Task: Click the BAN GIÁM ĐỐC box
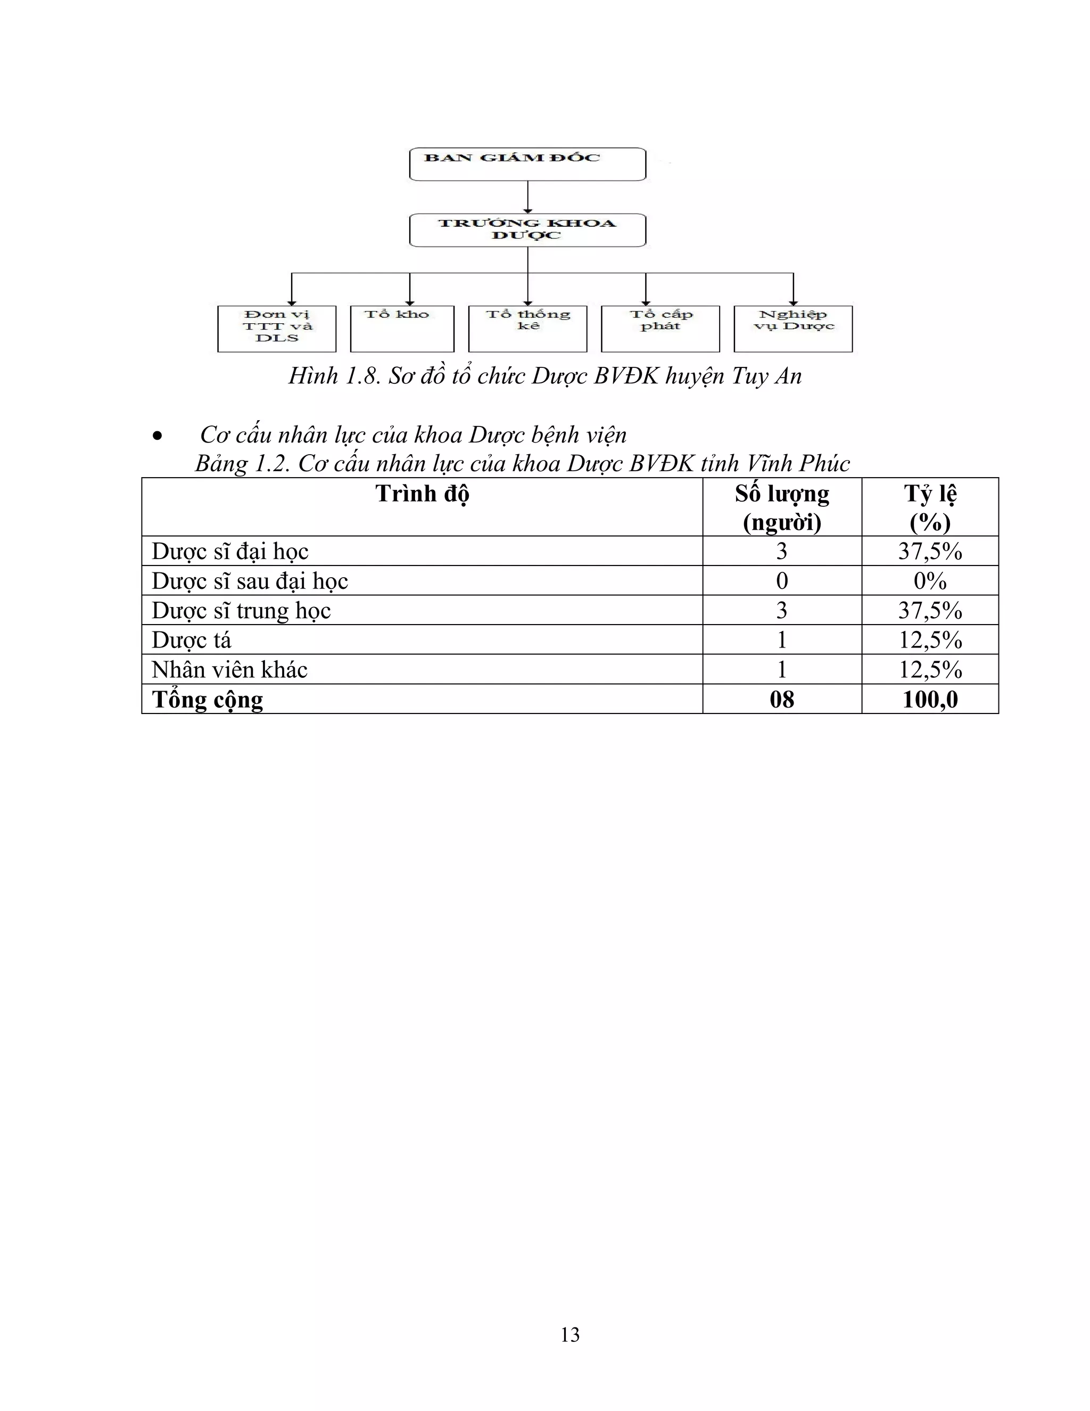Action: pos(527,164)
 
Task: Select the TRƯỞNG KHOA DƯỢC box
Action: pos(527,230)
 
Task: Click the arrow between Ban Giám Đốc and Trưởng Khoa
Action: pos(527,196)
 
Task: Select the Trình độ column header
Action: pos(422,494)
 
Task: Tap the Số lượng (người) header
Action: pos(782,507)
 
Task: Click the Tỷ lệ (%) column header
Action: pos(930,507)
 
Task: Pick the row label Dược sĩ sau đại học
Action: pos(250,581)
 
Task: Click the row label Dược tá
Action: pos(191,639)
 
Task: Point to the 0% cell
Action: pos(930,581)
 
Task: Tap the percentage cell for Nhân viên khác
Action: pos(930,669)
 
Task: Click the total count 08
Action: pos(782,699)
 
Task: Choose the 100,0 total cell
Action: pos(930,699)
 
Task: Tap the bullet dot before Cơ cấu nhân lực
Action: pos(157,437)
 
